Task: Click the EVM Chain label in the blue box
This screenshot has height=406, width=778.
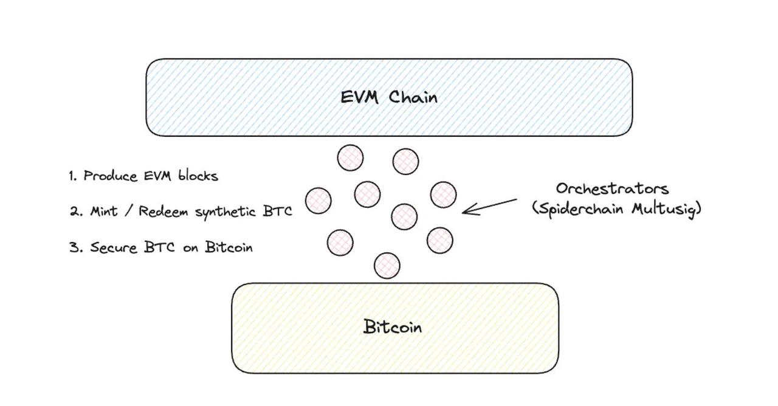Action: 388,97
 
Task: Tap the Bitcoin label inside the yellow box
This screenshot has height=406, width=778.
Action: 393,327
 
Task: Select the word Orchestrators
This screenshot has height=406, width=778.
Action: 612,188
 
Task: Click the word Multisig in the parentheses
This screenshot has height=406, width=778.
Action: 666,208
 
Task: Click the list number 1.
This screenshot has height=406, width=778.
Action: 72,176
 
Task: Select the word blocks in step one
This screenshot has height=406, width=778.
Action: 198,176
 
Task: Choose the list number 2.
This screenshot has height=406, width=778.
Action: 75,212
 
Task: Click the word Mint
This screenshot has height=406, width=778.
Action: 104,211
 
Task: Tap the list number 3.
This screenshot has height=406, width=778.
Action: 75,247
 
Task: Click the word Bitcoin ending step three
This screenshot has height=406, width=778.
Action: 229,247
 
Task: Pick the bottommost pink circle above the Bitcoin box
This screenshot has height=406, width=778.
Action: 387,266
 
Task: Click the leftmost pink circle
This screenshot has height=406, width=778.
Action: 318,201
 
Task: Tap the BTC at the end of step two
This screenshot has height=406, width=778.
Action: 278,212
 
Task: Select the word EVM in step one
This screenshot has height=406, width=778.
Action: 159,176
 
